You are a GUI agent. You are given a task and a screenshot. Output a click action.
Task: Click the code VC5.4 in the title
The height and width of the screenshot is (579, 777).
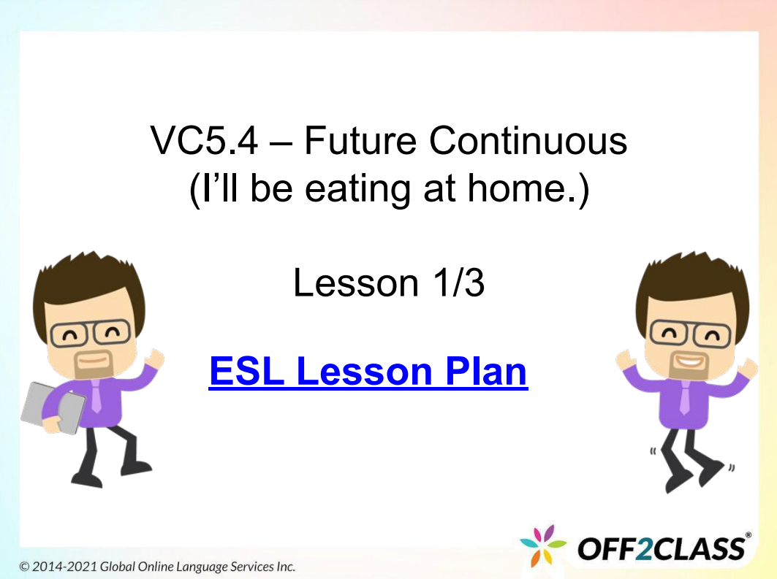204,141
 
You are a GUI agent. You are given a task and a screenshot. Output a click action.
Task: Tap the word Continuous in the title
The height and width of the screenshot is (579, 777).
528,141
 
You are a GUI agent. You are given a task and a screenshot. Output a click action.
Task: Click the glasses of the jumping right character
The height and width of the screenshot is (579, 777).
683,334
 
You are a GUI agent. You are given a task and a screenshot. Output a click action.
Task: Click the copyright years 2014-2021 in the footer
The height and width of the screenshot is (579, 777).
65,567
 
